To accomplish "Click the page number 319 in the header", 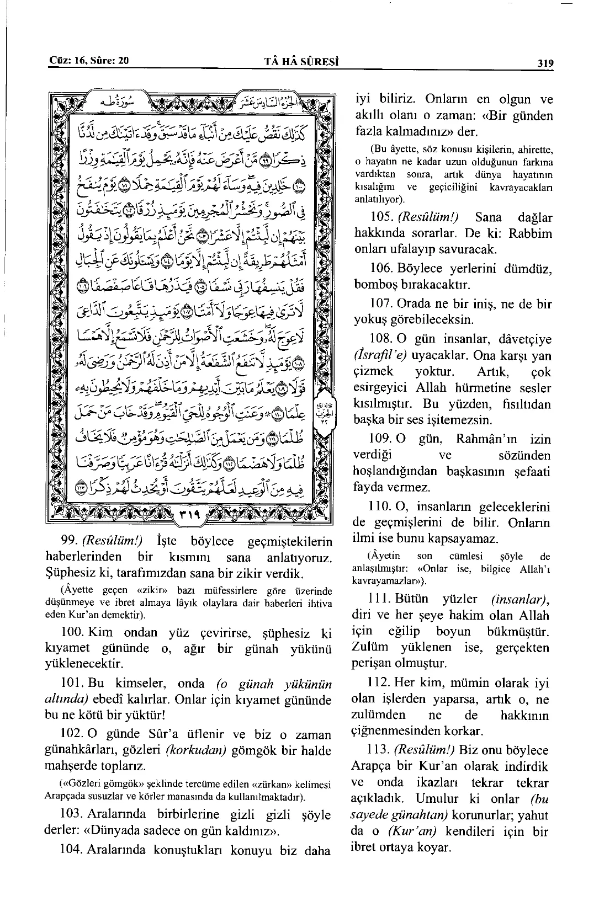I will [544, 63].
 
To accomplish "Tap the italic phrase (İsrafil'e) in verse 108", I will [378, 355].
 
